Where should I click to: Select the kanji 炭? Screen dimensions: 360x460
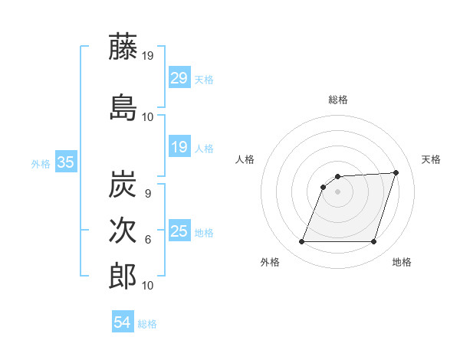click(123, 185)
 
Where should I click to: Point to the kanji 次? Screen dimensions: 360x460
click(123, 231)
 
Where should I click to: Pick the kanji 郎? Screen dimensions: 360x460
click(123, 276)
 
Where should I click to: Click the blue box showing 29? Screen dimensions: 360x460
click(179, 79)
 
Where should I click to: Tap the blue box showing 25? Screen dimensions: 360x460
click(179, 231)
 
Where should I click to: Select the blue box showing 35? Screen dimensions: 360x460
click(65, 162)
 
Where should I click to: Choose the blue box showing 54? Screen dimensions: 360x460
click(123, 322)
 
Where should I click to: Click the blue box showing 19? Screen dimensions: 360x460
click(179, 147)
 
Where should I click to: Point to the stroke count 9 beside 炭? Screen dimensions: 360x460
click(147, 194)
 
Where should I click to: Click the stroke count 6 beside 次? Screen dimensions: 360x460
click(147, 240)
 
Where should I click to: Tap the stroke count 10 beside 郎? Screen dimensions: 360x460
click(148, 285)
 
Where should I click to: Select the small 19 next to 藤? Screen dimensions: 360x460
click(148, 56)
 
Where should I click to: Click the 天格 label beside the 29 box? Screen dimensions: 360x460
click(203, 80)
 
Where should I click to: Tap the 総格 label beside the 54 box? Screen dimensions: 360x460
click(147, 323)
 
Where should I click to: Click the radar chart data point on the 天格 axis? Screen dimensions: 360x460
click(396, 172)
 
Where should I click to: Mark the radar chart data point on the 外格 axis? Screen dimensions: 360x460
click(301, 242)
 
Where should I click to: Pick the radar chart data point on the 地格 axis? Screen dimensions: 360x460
click(373, 242)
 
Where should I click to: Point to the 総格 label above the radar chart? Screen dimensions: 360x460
click(338, 100)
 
